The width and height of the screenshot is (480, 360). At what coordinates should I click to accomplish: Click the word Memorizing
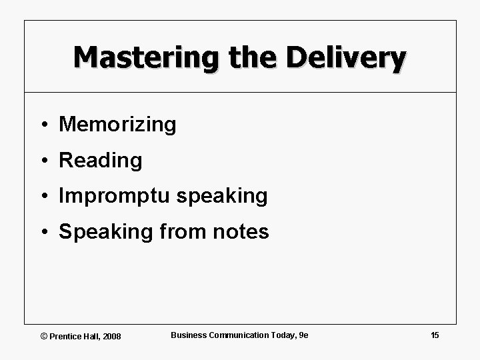coord(117,125)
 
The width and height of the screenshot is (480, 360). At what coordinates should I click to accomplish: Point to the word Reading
coord(101,161)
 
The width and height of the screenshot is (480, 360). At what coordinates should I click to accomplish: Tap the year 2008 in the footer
coord(112,337)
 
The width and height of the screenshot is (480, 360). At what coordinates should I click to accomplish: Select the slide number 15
coord(435,335)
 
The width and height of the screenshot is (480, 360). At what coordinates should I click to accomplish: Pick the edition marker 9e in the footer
coord(303,335)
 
